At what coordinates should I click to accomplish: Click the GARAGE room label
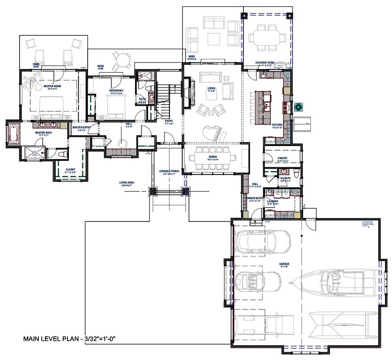click(x=284, y=264)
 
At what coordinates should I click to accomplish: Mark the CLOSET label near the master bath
click(x=71, y=170)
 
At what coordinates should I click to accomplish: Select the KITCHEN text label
click(x=277, y=125)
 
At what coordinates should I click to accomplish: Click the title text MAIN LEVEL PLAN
click(x=71, y=339)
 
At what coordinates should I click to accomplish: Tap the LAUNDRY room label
click(x=278, y=201)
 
